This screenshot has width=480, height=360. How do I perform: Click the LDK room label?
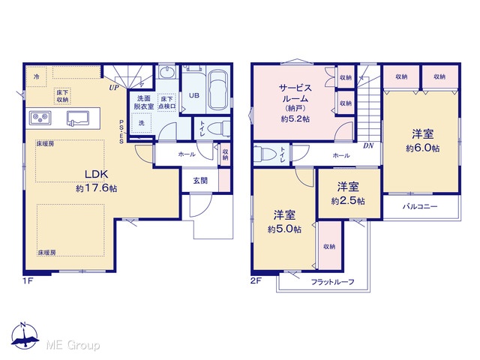click(96, 174)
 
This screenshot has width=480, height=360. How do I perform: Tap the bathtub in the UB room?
click(218, 89)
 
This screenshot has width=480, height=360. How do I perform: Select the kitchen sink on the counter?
click(78, 118)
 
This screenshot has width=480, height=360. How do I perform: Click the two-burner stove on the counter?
click(40, 117)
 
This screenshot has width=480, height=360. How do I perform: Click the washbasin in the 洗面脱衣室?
click(166, 72)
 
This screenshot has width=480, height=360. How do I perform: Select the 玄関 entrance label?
click(200, 181)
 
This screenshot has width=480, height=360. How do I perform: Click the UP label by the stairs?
click(114, 88)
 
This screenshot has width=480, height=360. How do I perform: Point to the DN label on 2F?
click(368, 146)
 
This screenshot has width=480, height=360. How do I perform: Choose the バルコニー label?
click(420, 206)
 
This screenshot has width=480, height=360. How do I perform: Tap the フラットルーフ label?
click(332, 282)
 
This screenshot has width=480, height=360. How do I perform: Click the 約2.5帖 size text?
click(348, 201)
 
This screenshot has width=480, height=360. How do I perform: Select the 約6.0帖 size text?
click(423, 148)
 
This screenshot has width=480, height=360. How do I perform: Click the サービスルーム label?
click(295, 93)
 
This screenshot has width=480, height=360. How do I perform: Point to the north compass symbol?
click(25, 335)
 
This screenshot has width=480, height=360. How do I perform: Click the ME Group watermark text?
click(73, 345)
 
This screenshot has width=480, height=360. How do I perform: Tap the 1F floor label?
click(28, 281)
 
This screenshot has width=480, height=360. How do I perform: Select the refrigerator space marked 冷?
click(36, 76)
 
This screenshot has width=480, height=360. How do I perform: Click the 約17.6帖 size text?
click(97, 188)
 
